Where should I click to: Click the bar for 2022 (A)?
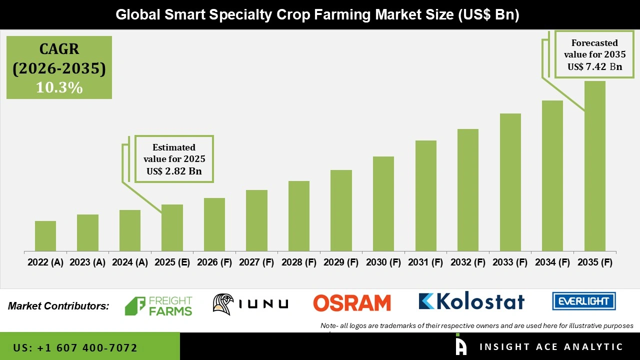45,236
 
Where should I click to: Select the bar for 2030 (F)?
383,204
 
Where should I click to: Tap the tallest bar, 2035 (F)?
594,166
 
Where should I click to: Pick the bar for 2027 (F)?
256,220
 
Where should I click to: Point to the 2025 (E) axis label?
172,262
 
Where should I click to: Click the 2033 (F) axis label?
510,262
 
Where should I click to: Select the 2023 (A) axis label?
87,262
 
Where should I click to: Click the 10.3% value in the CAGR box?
59,88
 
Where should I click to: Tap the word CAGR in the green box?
59,49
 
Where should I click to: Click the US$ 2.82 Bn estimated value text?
174,171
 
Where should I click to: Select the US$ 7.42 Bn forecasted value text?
594,66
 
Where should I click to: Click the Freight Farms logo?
158,306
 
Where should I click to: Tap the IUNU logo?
250,303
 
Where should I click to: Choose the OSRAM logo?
352,303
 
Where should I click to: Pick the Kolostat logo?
471,301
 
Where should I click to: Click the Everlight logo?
583,301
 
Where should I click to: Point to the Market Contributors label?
58,305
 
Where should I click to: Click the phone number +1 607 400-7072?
75,347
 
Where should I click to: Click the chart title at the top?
317,15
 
